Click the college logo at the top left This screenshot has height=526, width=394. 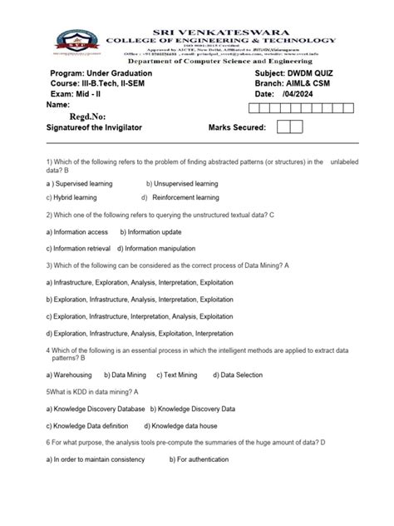tap(74, 42)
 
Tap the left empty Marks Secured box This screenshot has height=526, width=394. tap(283, 127)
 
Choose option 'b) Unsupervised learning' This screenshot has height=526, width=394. tap(182, 183)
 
